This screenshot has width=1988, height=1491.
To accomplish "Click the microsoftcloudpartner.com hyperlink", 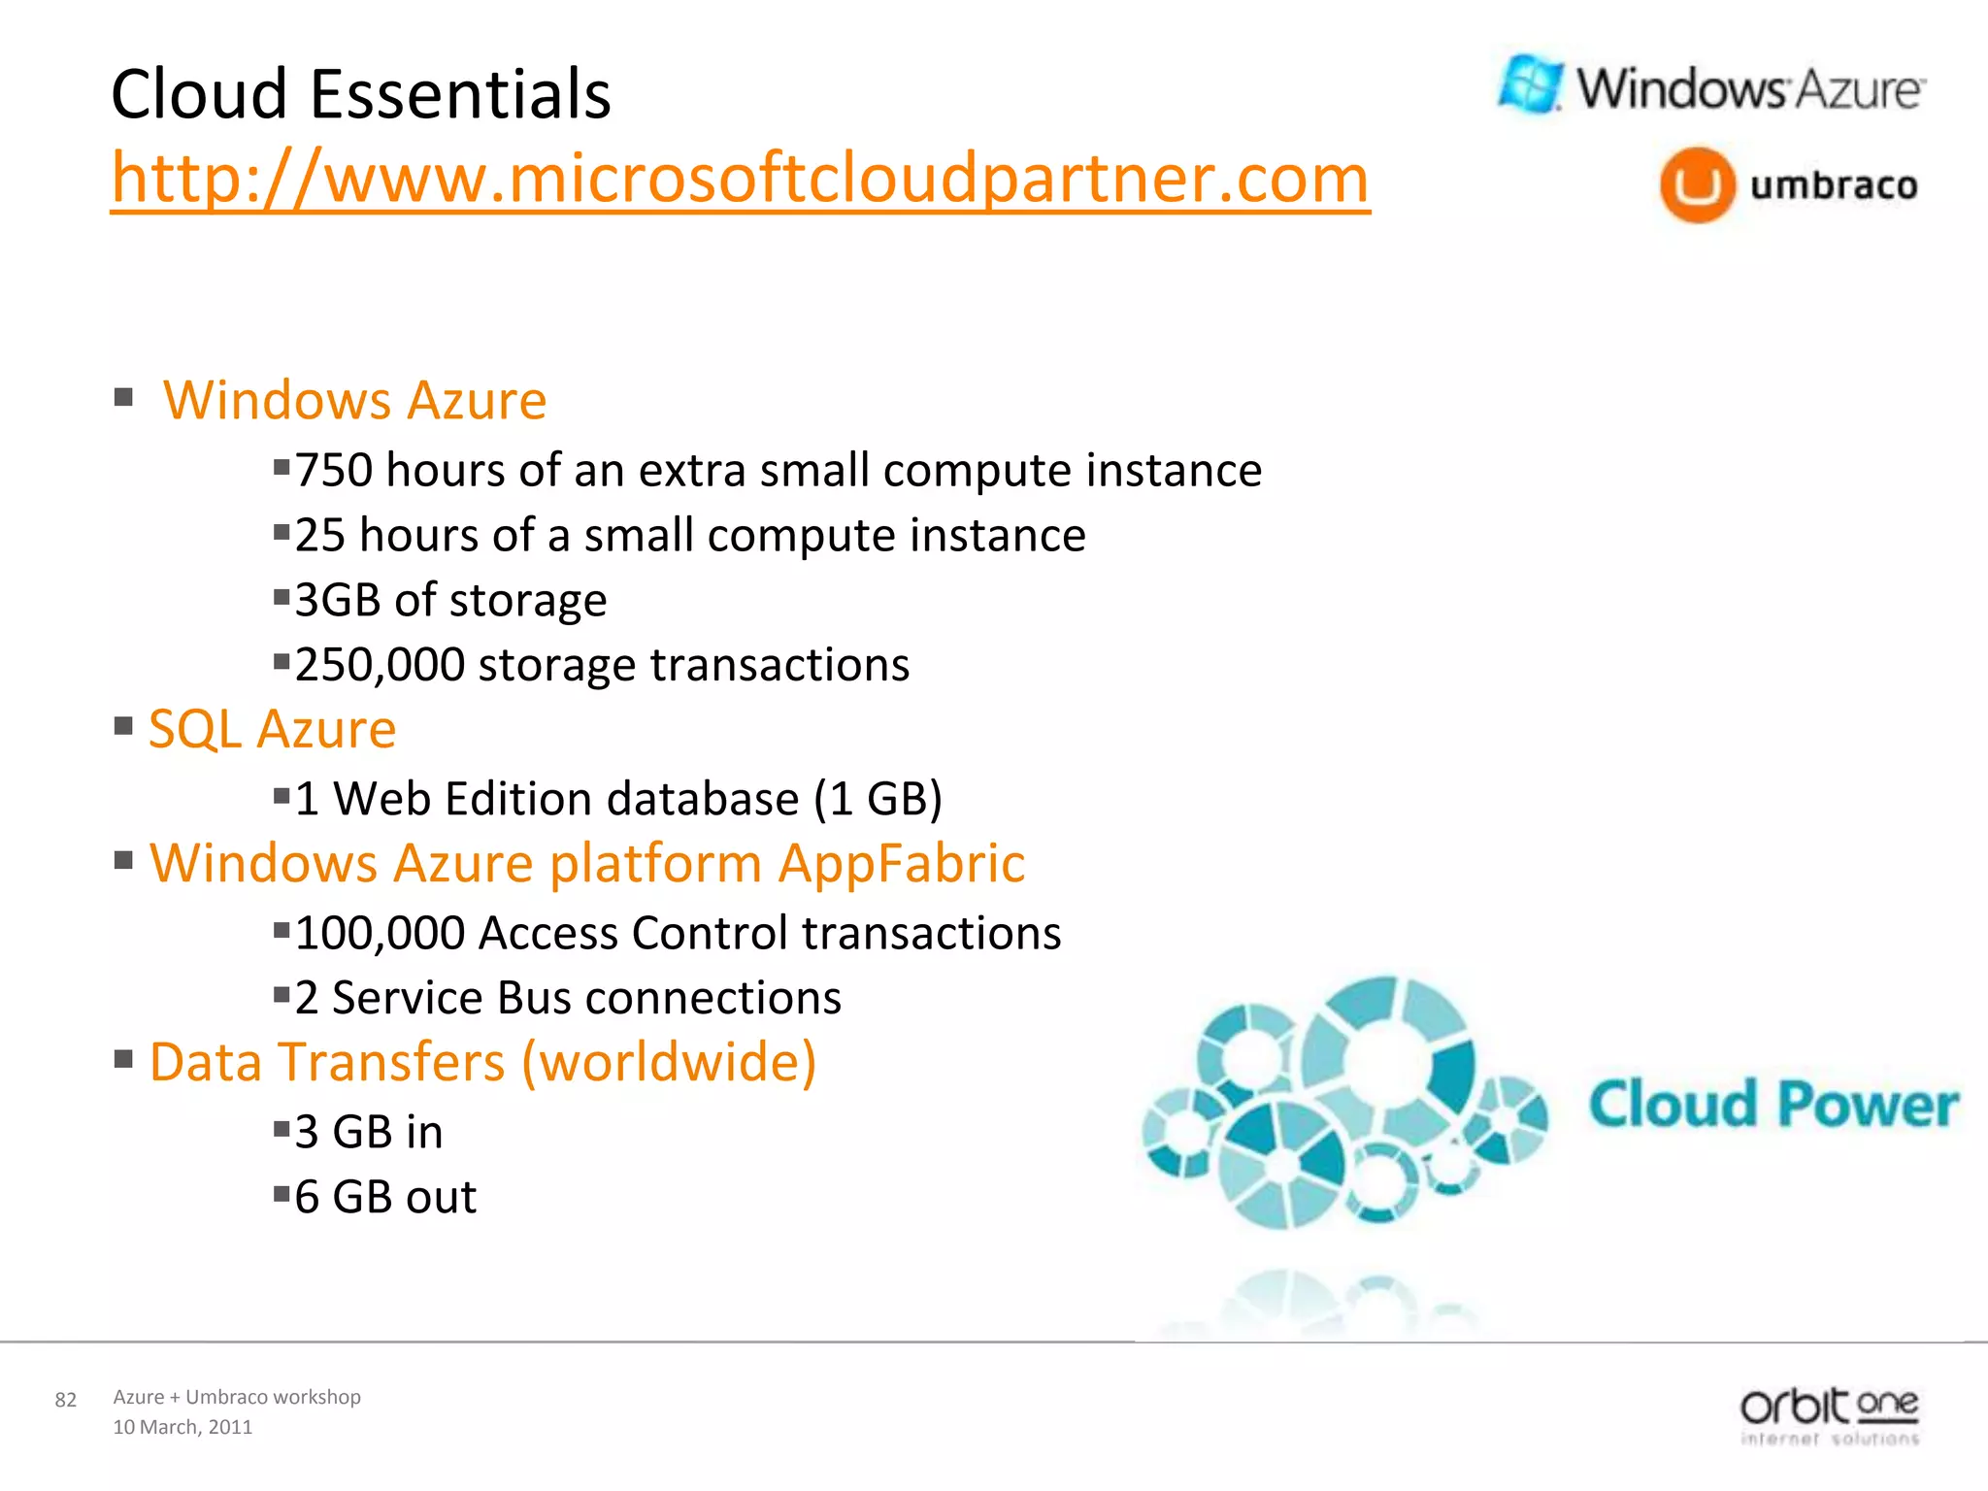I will (740, 179).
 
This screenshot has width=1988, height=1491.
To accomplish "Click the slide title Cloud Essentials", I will (361, 94).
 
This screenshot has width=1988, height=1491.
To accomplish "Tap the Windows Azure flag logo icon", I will (1531, 85).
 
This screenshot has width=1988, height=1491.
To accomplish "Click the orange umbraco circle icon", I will (1697, 184).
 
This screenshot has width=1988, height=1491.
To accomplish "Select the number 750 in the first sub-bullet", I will (334, 471).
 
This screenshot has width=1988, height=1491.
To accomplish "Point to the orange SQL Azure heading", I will (272, 729).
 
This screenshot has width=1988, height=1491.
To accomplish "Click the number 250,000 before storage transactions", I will (380, 666).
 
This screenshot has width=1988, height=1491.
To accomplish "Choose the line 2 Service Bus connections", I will (568, 998).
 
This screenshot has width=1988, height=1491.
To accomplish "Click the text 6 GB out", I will (385, 1197).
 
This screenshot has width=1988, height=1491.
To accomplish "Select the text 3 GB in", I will (369, 1132).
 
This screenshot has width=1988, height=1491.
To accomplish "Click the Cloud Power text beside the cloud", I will (1773, 1105).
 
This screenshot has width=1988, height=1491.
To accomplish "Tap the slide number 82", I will (66, 1400).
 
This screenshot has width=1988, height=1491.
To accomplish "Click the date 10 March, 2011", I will (182, 1427).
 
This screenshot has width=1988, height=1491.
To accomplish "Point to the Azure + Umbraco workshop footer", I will (237, 1397).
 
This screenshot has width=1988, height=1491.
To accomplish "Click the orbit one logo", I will (1829, 1414).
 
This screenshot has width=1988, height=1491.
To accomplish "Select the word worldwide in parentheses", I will (669, 1062).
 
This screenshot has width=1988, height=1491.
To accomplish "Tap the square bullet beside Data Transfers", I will (123, 1058).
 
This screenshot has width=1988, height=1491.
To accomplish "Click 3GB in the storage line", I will (338, 601).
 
